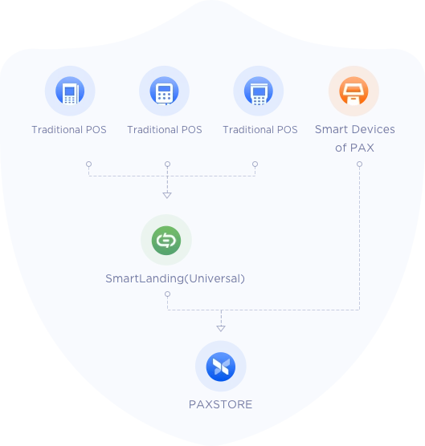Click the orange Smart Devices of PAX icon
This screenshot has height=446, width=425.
tap(353, 91)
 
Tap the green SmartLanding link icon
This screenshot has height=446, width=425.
tap(166, 241)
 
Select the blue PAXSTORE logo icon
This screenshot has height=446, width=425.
tap(221, 367)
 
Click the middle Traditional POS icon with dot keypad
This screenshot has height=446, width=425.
tap(165, 91)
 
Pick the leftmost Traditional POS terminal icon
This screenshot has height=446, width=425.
tap(70, 91)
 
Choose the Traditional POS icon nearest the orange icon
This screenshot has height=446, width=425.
tap(259, 91)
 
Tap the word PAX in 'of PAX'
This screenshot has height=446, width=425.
tap(362, 148)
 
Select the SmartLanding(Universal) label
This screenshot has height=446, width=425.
tap(175, 278)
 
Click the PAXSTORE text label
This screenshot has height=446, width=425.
tap(220, 404)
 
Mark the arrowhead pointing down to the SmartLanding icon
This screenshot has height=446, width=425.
tap(167, 195)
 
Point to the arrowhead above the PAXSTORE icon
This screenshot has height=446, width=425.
tap(221, 329)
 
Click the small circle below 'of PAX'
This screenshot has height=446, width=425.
tap(359, 164)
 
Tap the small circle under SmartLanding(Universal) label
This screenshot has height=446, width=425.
tap(167, 294)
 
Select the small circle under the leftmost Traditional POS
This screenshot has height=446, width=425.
tap(89, 164)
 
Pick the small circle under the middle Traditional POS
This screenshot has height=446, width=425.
tap(167, 164)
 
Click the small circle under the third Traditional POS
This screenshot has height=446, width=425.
tap(255, 164)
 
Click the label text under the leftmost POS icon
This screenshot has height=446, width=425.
tap(69, 130)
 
